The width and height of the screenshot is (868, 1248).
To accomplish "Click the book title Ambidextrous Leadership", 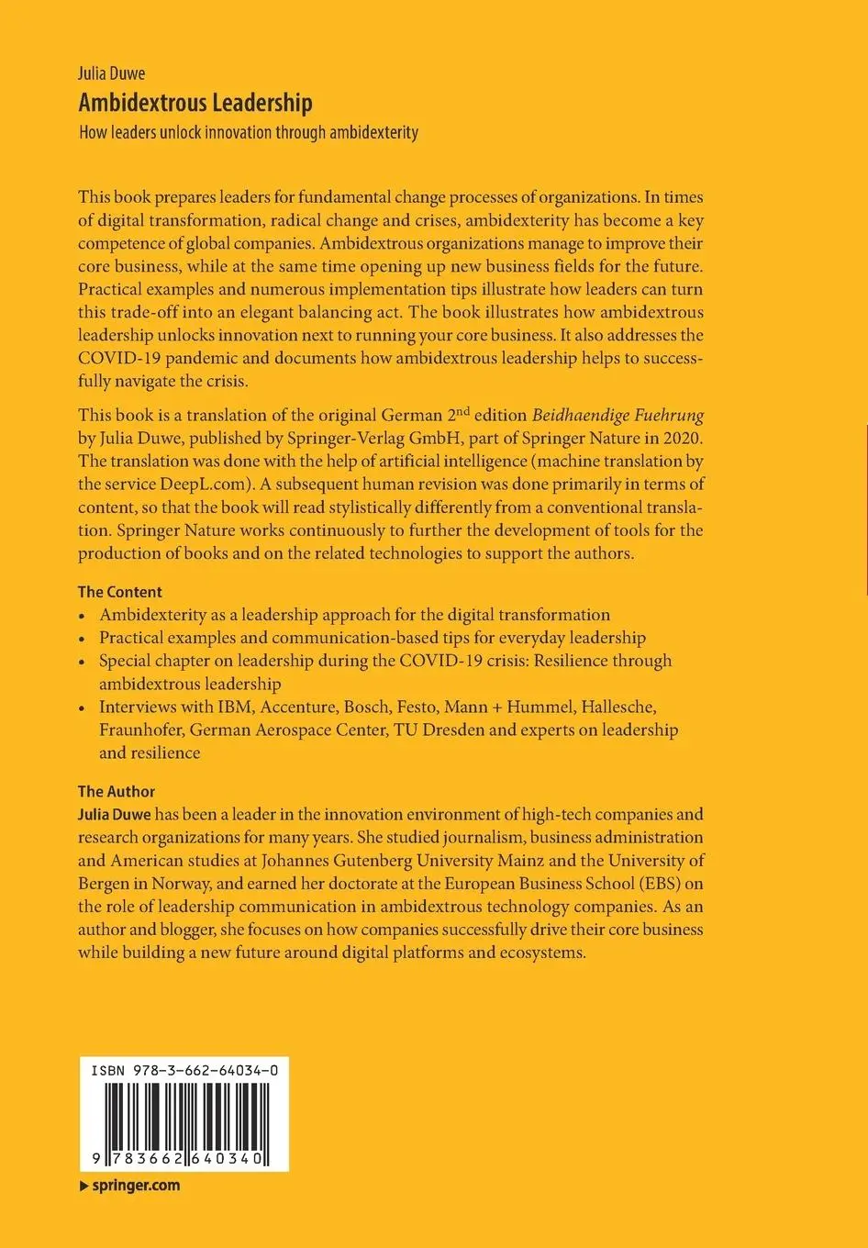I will (x=195, y=103).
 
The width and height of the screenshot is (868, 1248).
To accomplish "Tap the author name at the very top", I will (x=111, y=74).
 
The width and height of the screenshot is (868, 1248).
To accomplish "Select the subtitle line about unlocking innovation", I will (x=248, y=133).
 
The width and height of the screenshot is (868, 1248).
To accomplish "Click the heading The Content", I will (x=119, y=592).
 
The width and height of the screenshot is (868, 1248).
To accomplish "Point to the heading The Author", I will (x=117, y=791).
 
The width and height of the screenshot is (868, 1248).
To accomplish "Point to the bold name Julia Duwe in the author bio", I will (x=114, y=814).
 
